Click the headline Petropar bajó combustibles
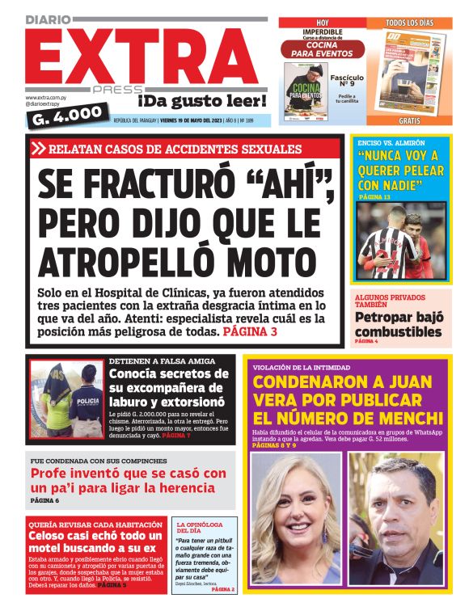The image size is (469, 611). (x=399, y=324)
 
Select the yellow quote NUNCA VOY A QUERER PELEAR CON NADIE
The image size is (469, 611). (x=402, y=170)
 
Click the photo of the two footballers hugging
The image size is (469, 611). (x=401, y=240)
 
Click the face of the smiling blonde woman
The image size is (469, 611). (x=295, y=505)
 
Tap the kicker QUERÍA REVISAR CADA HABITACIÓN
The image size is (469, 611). (x=89, y=524)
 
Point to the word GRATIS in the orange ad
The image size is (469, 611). (x=409, y=120)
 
